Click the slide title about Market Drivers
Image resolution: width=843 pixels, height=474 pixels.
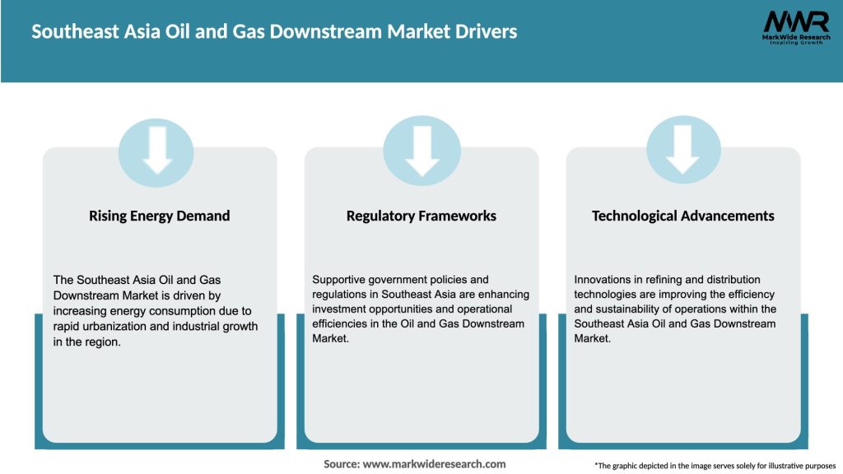[x=275, y=32]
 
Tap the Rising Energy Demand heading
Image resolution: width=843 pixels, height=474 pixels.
[x=159, y=216]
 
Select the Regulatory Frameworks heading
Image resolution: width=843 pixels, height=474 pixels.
[x=421, y=216]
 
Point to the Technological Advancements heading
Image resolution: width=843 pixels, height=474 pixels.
[x=683, y=216]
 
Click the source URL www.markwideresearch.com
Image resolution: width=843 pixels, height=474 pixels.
[x=434, y=464]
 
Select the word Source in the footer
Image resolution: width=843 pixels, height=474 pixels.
[x=340, y=464]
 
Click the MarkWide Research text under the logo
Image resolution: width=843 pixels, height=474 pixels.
[x=795, y=38]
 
